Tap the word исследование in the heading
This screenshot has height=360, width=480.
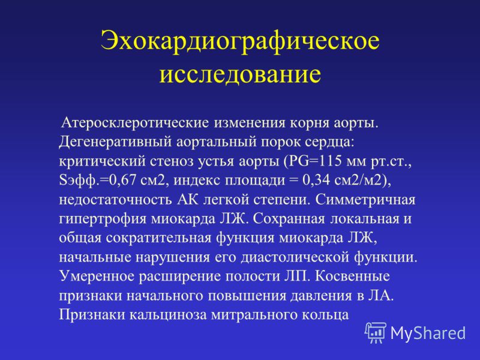coord(240,74)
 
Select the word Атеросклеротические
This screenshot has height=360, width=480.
coord(136,123)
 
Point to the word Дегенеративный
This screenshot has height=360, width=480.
coord(115,142)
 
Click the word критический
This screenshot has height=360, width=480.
coord(102,161)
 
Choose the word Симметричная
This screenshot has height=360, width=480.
coord(365,200)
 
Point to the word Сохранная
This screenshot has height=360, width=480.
coord(289,219)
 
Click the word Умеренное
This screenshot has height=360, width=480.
coord(97,277)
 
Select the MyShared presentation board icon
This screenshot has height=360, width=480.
coord(376,333)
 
